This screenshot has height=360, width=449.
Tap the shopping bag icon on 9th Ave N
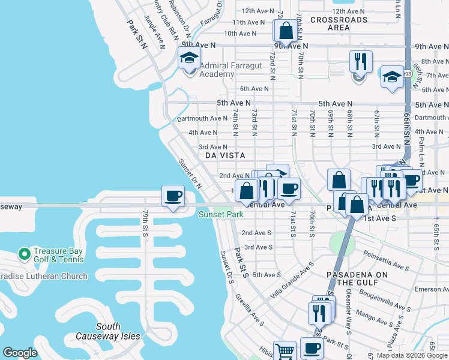(x=286, y=30)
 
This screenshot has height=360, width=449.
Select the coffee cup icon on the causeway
(x=173, y=196)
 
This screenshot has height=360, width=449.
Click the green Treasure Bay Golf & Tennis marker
(x=25, y=255)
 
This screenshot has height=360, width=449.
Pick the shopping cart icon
(x=285, y=350)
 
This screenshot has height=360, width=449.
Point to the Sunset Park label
(x=221, y=214)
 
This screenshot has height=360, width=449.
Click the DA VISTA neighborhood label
(x=225, y=155)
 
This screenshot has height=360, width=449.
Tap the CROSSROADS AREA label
(x=339, y=23)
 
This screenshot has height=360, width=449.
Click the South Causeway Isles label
(x=108, y=332)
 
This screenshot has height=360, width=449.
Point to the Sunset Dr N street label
(x=190, y=173)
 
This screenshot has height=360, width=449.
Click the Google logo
(x=20, y=353)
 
